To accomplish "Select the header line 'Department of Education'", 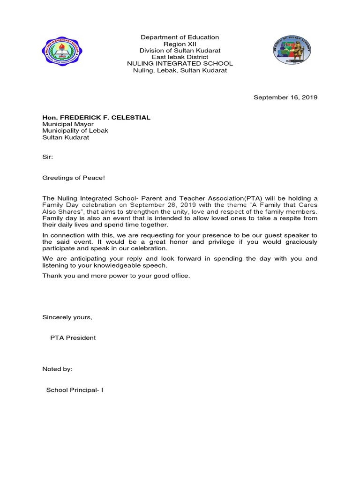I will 180,37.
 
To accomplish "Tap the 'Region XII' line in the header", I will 180,44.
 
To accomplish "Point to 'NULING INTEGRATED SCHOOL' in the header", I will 180,63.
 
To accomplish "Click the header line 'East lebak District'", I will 180,57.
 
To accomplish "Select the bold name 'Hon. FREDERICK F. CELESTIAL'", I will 97,118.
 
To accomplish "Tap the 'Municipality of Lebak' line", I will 75,131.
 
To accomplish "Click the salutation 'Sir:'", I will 48,158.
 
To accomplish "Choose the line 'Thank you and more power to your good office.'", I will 116,276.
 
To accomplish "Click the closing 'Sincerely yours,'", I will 67,317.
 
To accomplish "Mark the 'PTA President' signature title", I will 73,337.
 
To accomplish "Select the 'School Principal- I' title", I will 75,390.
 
